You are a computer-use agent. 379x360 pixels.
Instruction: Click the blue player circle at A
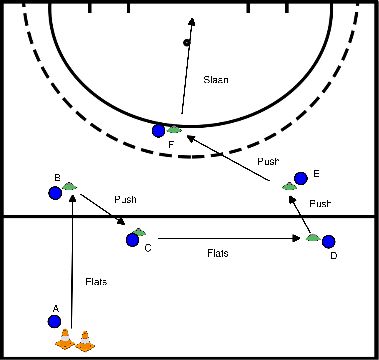(x=54, y=321)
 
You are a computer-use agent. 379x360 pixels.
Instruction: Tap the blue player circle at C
(x=132, y=239)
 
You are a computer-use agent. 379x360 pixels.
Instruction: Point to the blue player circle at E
(x=300, y=179)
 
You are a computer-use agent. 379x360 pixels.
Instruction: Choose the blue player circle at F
(x=158, y=130)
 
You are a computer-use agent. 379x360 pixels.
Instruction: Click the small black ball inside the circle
(x=186, y=42)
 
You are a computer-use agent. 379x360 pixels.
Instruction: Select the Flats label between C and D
(x=218, y=254)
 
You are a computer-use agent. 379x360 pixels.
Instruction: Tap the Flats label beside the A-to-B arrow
(x=96, y=283)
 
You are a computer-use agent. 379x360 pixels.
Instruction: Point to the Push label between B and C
(x=125, y=199)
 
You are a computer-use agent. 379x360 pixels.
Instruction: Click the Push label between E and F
(x=268, y=160)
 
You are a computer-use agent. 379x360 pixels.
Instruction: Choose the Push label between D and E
(x=319, y=204)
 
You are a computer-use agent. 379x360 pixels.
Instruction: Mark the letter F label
(x=172, y=146)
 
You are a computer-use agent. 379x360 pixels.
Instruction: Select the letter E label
(x=316, y=173)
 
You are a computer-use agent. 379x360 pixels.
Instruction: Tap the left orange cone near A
(x=65, y=340)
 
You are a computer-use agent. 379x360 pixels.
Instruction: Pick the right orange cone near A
(x=83, y=340)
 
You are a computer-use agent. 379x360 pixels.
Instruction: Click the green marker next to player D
(x=314, y=238)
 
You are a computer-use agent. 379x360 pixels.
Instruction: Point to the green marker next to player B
(x=69, y=186)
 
